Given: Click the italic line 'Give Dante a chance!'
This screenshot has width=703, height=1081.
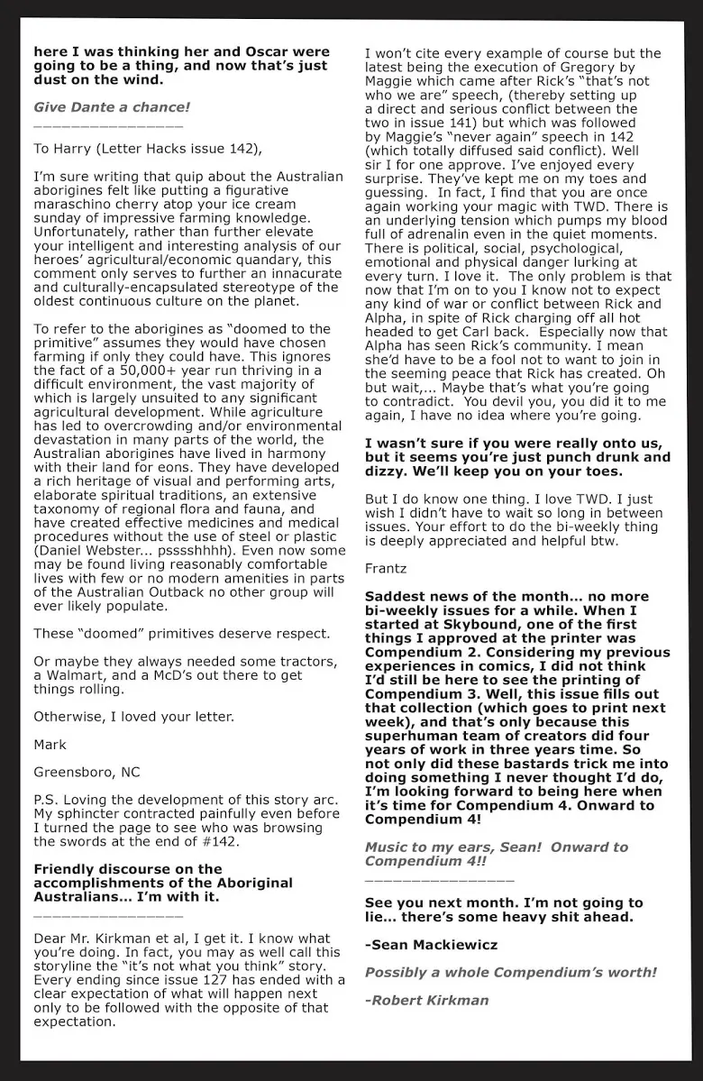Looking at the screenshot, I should pos(112,107).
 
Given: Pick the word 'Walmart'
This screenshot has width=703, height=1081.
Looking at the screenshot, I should pos(75,676).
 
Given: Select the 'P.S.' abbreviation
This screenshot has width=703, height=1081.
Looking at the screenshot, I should pos(48,801).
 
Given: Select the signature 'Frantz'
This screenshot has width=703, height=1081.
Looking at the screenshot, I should pos(386,568).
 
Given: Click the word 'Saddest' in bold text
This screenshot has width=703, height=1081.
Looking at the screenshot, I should pos(398,597).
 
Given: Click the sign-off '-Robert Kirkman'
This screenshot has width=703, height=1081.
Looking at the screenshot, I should pos(426,1000).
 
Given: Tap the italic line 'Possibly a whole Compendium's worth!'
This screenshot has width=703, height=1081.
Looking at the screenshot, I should pos(510,973).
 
